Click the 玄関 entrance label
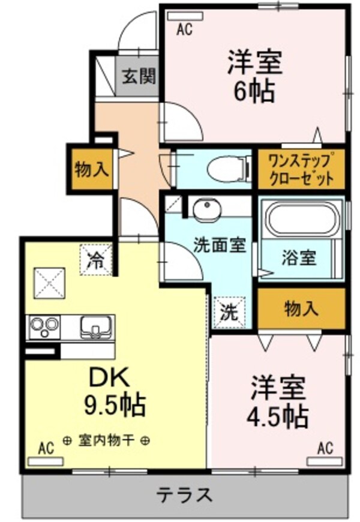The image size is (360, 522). pyautogui.click(x=139, y=77)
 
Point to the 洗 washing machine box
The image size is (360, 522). pyautogui.click(x=230, y=312)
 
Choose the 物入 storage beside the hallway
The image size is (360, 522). pyautogui.click(x=91, y=170)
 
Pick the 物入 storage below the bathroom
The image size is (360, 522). pyautogui.click(x=301, y=309)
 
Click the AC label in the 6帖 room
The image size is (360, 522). pyautogui.click(x=184, y=29)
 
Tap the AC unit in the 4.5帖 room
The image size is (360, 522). pyautogui.click(x=325, y=461)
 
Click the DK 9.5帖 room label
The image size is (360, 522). pyautogui.click(x=114, y=393)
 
